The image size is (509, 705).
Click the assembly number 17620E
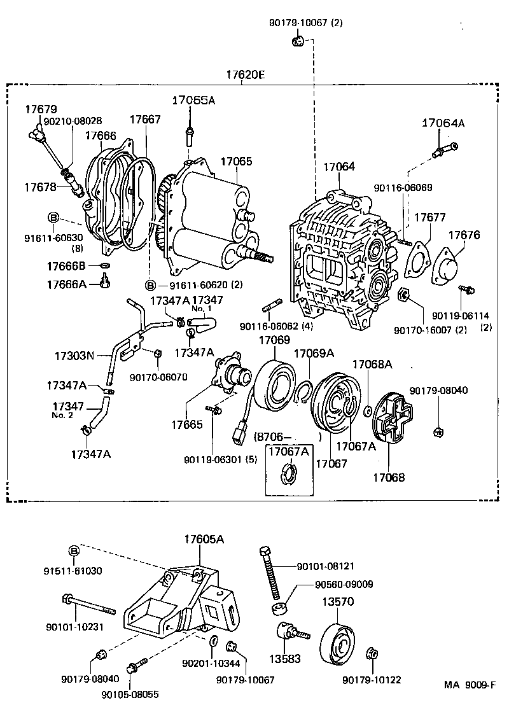[245, 75]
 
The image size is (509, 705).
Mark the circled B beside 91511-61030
[74, 550]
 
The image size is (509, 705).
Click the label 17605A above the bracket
[204, 539]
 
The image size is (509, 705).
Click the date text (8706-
[272, 437]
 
